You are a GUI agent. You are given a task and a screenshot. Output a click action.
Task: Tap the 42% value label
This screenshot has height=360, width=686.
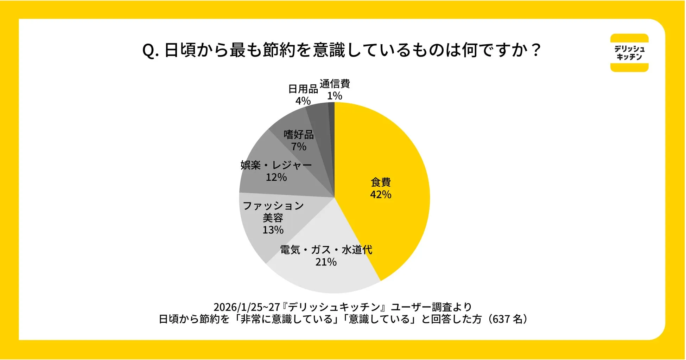click(381, 194)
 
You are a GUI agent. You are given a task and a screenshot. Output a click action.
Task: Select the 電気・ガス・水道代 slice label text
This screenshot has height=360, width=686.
click(326, 250)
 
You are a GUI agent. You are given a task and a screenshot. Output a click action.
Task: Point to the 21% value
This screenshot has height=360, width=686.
click(326, 262)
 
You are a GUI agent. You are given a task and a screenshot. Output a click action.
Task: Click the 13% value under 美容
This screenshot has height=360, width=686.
click(273, 230)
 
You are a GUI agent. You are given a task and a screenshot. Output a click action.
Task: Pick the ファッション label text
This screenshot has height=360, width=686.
click(273, 206)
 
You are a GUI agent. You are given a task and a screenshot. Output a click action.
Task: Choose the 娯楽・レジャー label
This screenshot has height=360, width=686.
click(276, 165)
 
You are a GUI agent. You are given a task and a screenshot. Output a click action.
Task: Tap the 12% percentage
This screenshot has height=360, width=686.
click(276, 177)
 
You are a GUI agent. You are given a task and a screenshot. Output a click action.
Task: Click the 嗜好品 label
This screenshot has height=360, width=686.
click(299, 135)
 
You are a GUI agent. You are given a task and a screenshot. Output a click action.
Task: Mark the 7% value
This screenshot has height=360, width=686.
click(299, 147)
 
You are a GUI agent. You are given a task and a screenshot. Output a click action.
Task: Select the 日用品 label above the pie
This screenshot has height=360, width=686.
click(303, 89)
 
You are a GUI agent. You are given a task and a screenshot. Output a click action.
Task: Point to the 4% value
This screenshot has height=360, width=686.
click(303, 101)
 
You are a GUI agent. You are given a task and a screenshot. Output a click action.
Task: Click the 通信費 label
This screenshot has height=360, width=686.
click(335, 84)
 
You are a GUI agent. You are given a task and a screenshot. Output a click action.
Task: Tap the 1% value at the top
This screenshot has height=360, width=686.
click(335, 96)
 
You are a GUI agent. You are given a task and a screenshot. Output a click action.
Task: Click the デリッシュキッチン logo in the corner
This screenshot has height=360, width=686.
click(629, 53)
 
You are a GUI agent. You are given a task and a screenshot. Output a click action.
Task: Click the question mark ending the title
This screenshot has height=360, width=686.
click(536, 50)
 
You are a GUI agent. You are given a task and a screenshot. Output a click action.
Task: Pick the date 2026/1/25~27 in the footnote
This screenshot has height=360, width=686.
click(247, 307)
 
